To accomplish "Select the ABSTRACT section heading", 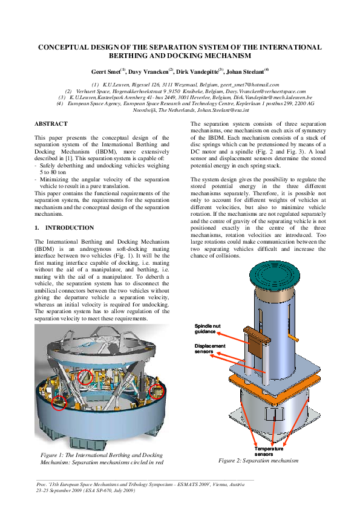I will [x=51, y=123].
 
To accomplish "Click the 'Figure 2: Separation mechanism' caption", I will [x=258, y=461].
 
